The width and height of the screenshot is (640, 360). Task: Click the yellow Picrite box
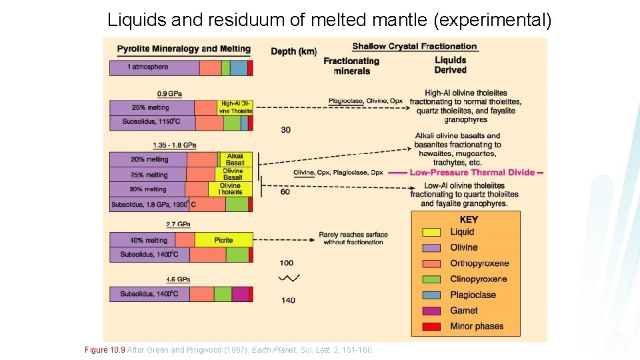click(x=223, y=240)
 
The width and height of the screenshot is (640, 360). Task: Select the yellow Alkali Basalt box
click(x=235, y=159)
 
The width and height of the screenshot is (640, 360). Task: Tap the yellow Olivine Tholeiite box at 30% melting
click(x=231, y=189)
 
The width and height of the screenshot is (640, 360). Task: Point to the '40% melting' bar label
click(x=149, y=240)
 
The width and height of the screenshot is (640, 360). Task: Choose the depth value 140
click(x=288, y=301)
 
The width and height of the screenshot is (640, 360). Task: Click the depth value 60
click(x=285, y=192)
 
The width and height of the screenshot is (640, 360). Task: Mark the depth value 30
click(x=285, y=130)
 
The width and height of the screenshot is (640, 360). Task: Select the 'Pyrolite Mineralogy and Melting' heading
click(x=183, y=49)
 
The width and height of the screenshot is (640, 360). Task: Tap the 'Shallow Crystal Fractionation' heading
click(x=414, y=47)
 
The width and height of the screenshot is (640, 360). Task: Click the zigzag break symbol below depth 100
click(x=289, y=278)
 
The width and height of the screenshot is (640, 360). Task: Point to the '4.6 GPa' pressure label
click(x=178, y=279)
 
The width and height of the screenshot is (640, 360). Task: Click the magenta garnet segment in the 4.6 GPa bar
click(x=240, y=294)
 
